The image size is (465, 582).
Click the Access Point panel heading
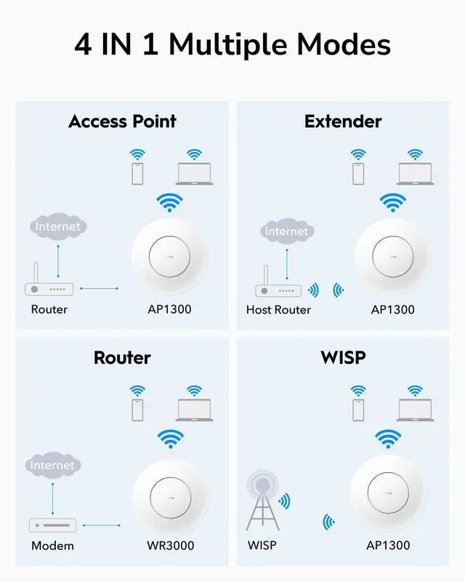(x=122, y=121)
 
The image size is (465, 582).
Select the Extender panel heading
(x=342, y=121)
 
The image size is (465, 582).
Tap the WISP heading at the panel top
(x=342, y=357)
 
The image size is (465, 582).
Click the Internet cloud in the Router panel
(x=52, y=465)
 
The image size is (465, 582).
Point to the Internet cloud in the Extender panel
(x=286, y=232)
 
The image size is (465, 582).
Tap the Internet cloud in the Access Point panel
(x=58, y=227)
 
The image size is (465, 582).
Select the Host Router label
(x=278, y=310)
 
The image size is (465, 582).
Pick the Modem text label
(x=52, y=545)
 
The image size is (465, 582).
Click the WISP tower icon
(x=262, y=502)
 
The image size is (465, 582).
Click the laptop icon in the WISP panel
(x=415, y=410)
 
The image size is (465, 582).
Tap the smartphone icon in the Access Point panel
(x=136, y=174)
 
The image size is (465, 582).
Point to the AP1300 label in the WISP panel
(x=388, y=545)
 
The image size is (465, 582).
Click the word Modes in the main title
(x=340, y=44)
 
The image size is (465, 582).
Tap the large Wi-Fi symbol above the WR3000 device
(x=169, y=440)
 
